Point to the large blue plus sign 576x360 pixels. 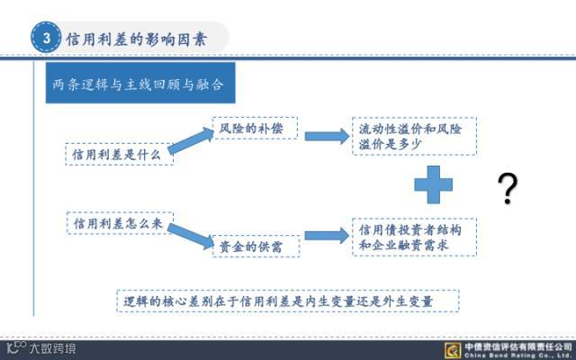[x=433, y=184]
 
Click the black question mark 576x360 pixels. [x=508, y=189]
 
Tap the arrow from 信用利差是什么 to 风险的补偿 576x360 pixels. [x=191, y=143]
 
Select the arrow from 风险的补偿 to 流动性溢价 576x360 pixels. [x=325, y=137]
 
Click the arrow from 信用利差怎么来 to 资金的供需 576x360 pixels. [x=192, y=235]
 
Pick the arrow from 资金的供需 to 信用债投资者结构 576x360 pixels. [x=325, y=236]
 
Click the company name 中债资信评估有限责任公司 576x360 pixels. [x=517, y=345]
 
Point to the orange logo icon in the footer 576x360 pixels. [x=452, y=349]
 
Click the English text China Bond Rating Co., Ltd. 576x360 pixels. [x=517, y=355]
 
